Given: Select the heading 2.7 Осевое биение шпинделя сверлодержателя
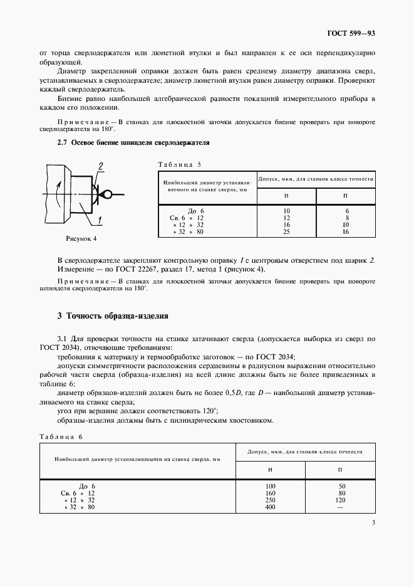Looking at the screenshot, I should pos(133,143).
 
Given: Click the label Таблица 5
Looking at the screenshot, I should pos(179,164).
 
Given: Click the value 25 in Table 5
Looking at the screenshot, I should pos(286,232).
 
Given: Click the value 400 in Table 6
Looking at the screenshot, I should pos(270,507).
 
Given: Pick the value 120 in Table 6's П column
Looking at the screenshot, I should pos(341,500).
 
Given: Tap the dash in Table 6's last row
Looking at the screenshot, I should pos(341,507).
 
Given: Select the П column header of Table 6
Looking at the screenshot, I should pos(340,469).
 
